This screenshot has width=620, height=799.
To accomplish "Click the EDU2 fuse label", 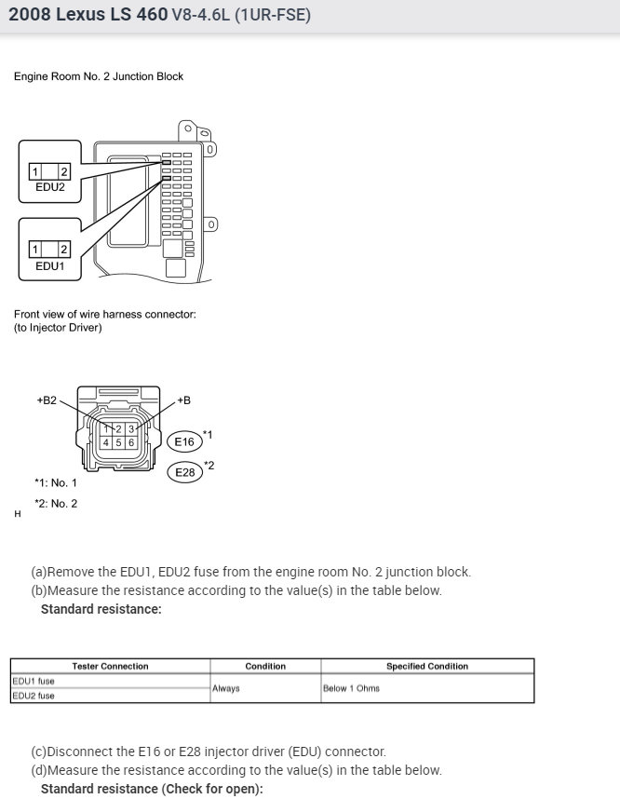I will click(49, 187).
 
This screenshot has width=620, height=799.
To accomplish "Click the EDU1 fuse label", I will click(49, 265).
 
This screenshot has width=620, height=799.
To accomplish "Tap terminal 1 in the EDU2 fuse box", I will click(34, 171).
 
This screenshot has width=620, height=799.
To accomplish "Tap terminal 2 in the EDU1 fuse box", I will click(63, 249).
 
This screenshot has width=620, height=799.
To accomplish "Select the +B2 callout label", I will click(47, 400).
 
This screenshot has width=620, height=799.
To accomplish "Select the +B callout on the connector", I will click(183, 400).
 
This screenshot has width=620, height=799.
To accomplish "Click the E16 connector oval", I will click(184, 441).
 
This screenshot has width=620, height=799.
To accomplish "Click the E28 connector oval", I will click(184, 473).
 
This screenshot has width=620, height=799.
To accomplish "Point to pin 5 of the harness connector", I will click(119, 442).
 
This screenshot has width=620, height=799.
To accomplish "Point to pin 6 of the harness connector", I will click(132, 442).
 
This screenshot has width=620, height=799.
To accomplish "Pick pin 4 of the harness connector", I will click(107, 442).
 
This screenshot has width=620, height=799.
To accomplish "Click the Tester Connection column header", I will click(110, 666).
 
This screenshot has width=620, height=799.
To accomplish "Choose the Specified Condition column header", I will click(427, 666).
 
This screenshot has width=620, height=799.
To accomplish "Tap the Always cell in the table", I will click(226, 688).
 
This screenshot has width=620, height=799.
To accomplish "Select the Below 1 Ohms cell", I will click(351, 688).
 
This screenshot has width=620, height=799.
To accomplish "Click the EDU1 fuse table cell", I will click(34, 681).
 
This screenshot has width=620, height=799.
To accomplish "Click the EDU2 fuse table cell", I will click(34, 696).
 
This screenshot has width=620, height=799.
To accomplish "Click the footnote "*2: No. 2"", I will click(56, 504).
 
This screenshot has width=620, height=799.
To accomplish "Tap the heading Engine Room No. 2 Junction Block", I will click(99, 76).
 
